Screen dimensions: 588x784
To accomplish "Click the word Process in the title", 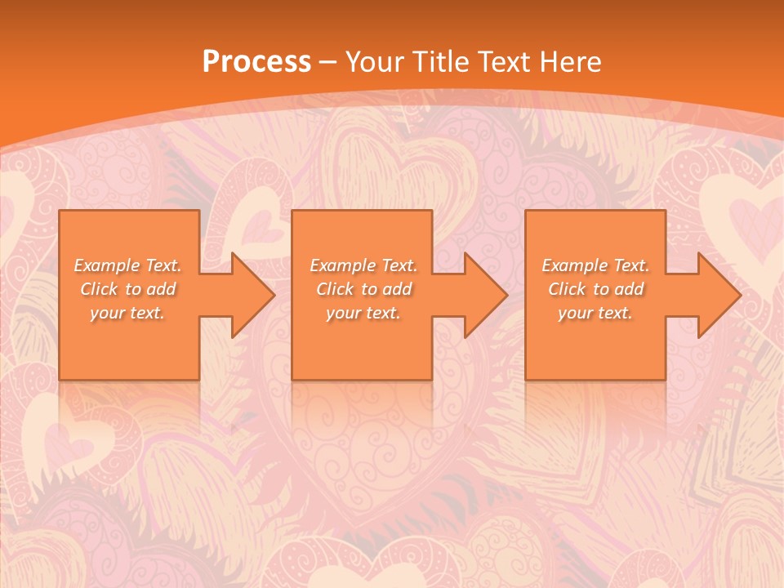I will (x=256, y=62).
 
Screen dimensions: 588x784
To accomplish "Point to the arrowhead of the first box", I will (x=249, y=295).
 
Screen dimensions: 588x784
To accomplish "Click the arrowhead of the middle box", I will (x=483, y=295).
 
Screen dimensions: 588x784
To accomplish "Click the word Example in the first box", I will (x=107, y=265).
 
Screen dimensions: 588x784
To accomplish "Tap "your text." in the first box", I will (x=128, y=313).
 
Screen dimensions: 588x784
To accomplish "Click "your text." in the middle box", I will (x=363, y=313).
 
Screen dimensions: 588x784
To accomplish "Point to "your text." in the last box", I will (x=595, y=313).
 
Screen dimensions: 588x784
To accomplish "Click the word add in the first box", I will (x=162, y=289).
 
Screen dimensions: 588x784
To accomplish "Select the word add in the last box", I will (x=630, y=289).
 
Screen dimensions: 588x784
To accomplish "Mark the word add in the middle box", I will (x=398, y=289).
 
